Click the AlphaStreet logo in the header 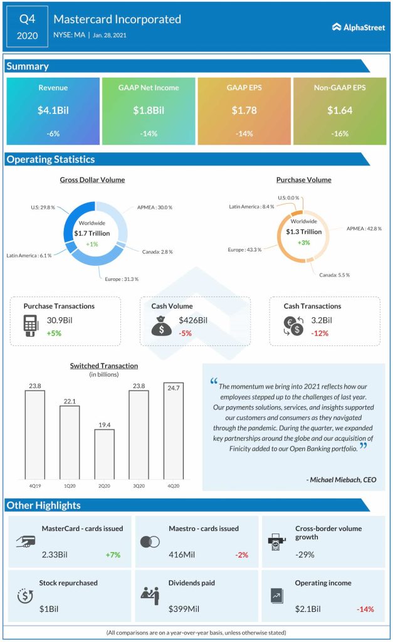pyautogui.click(x=358, y=26)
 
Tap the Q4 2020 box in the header pyautogui.click(x=27, y=26)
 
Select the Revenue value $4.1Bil pyautogui.click(x=53, y=110)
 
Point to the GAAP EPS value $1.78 pyautogui.click(x=244, y=110)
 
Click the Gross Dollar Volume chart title pyautogui.click(x=92, y=180)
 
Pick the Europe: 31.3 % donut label pyautogui.click(x=122, y=279)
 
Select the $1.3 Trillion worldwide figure pyautogui.click(x=304, y=232)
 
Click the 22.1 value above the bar pyautogui.click(x=70, y=401)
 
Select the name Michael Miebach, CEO pyautogui.click(x=342, y=480)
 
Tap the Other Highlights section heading pyautogui.click(x=43, y=505)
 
